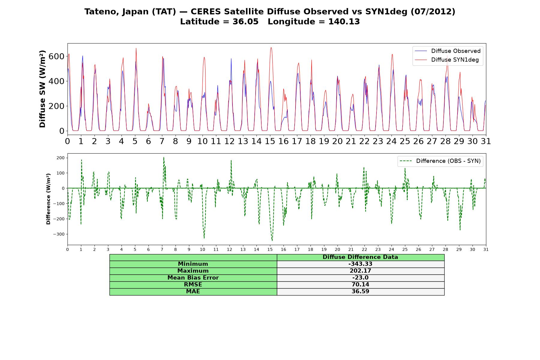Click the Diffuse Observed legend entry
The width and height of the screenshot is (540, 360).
click(448, 51)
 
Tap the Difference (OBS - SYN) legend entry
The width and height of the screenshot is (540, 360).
click(440, 161)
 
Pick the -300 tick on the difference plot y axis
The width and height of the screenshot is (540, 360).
click(59, 234)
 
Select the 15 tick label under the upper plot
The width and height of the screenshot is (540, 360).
click(270, 141)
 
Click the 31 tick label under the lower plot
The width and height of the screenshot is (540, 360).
click(486, 250)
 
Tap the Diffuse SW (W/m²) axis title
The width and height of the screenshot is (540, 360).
click(43, 89)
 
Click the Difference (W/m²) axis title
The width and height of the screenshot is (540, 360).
click(48, 199)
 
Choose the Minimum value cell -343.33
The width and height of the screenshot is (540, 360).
click(360, 264)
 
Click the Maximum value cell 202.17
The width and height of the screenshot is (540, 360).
click(360, 271)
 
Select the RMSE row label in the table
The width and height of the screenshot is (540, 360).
click(193, 285)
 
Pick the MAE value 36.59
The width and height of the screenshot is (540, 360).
click(360, 292)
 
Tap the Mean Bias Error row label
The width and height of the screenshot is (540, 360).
click(193, 278)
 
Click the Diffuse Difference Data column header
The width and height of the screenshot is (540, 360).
click(360, 257)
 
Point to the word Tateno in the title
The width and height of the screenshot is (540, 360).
click(100, 12)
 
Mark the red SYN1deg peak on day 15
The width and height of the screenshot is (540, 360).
click(271, 47)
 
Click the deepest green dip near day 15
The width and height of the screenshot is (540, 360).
click(272, 240)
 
